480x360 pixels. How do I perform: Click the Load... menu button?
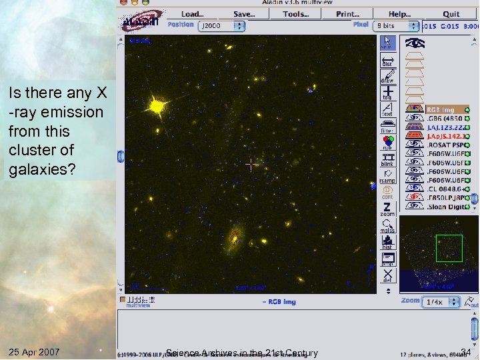(192, 14)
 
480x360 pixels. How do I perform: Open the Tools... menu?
(295, 14)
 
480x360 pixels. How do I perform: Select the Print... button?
(347, 14)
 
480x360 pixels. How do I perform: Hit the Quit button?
(451, 14)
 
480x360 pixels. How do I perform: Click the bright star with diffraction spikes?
(157, 105)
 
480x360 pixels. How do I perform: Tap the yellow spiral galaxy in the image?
(234, 236)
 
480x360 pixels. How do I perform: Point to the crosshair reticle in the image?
(251, 164)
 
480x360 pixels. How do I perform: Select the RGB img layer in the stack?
(441, 109)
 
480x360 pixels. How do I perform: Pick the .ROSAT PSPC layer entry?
(445, 143)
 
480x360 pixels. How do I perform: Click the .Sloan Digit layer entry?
(445, 207)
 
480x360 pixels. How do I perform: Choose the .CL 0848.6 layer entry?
(445, 189)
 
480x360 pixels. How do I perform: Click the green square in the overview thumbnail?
(449, 248)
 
